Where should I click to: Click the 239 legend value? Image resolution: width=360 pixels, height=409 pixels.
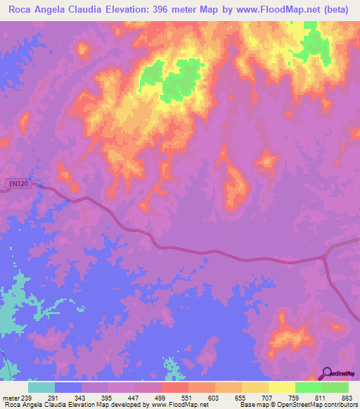(x=28, y=398)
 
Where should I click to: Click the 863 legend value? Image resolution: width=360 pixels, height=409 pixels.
(x=347, y=398)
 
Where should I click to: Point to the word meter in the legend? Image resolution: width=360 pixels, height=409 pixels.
(x=11, y=398)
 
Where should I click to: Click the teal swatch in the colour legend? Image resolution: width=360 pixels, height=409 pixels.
(x=41, y=388)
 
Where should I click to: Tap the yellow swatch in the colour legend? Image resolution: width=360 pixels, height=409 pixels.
(x=282, y=388)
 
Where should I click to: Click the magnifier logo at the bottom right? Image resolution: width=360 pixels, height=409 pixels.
(x=327, y=373)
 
